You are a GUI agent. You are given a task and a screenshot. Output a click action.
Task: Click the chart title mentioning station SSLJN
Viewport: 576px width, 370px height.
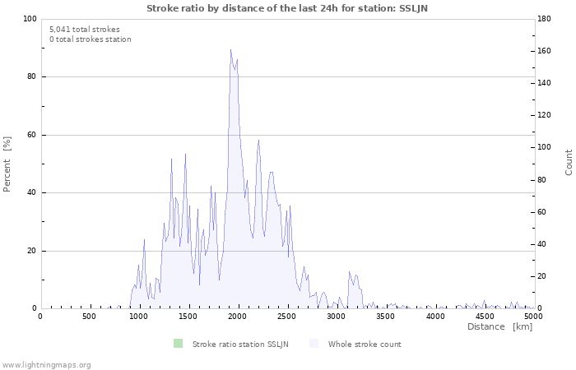point(287,8)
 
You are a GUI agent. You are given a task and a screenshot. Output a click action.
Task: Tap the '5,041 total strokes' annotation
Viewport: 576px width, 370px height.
point(85,30)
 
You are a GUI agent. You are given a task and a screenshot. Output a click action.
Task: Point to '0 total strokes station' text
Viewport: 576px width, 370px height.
point(90,39)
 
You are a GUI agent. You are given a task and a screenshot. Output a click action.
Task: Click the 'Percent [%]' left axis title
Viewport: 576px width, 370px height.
point(7,164)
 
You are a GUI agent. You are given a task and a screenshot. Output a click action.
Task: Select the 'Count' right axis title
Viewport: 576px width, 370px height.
point(569,162)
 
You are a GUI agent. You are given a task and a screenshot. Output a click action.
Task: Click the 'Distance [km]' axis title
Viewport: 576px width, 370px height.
point(499,327)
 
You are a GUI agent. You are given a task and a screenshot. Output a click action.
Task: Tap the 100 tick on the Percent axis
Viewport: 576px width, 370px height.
point(30,19)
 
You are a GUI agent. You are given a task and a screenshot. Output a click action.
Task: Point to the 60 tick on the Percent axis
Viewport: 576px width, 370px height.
point(32,135)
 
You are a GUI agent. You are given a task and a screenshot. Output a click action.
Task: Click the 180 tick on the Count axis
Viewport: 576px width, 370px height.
point(547,19)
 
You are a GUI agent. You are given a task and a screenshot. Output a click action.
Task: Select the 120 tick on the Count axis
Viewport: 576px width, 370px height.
point(547,115)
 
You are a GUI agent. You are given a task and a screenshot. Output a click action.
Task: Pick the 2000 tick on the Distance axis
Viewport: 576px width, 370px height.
point(238,316)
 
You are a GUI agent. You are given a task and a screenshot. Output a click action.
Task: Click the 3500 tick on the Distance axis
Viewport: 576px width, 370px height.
point(386,316)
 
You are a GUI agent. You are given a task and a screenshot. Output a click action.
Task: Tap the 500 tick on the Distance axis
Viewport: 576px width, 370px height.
point(90,316)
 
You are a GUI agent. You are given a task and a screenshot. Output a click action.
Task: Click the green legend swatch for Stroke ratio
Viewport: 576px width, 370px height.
point(178,344)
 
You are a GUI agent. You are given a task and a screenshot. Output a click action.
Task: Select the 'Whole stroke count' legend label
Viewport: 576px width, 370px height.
point(365,345)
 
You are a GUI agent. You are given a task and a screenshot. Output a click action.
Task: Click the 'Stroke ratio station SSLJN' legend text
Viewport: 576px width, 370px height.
point(240,345)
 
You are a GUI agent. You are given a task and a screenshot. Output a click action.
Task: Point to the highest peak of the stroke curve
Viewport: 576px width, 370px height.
point(230,50)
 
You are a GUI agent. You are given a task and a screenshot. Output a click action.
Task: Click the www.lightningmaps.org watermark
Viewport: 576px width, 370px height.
point(46,364)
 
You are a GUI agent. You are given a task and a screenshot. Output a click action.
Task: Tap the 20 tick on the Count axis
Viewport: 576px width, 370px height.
point(545,276)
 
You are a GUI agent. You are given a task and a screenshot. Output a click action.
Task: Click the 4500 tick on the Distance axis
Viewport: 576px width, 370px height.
point(485,316)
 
